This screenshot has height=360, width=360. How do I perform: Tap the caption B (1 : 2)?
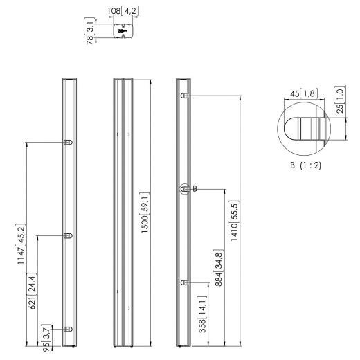(305, 165)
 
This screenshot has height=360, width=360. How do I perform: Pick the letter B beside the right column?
(195, 188)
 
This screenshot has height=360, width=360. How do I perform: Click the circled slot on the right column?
(185, 188)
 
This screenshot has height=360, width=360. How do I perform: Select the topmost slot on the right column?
(185, 96)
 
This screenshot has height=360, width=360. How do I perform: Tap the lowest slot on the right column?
(185, 282)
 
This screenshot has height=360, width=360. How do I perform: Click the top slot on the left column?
(67, 143)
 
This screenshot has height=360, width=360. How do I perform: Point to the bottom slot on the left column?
(67, 329)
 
